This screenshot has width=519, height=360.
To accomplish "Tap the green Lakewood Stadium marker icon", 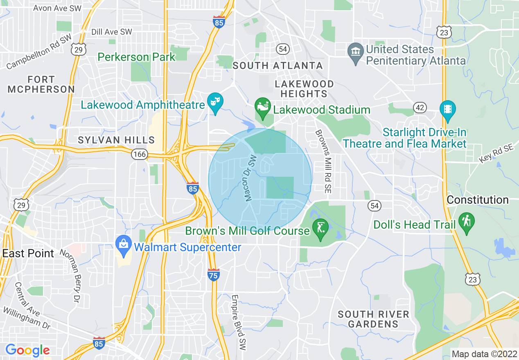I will click(262, 106).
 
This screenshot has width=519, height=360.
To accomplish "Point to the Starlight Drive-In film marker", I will click(447, 109).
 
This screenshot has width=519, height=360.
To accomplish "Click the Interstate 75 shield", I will click(214, 275).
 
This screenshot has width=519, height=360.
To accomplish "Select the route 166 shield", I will click(140, 154).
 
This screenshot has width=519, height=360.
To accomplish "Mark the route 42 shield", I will click(420, 107).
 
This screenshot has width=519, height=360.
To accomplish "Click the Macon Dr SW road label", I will click(250, 178).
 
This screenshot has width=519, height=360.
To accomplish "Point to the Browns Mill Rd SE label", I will click(323, 161).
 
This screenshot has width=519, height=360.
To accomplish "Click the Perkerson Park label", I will click(136, 57).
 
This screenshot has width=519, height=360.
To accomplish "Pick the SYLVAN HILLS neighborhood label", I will click(117, 140).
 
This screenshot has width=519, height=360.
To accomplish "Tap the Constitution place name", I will click(477, 200).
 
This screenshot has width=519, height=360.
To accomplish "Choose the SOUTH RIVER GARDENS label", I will click(373, 319).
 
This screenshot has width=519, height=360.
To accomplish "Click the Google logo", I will click(27, 350).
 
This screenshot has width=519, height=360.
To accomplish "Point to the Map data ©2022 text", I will click(483, 354).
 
